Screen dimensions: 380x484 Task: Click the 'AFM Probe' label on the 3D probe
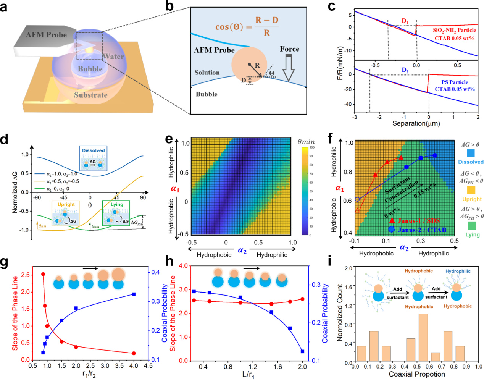pyautogui.click(x=46, y=35)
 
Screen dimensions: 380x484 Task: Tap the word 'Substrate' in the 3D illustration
pyautogui.click(x=91, y=95)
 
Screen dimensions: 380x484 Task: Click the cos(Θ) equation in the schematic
pyautogui.click(x=247, y=26)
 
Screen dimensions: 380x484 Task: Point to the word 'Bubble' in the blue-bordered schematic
pyautogui.click(x=207, y=94)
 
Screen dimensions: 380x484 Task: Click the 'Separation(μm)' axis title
pyautogui.click(x=416, y=124)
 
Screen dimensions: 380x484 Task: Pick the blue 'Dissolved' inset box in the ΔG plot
pyautogui.click(x=94, y=158)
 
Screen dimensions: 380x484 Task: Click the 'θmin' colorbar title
pyautogui.click(x=306, y=142)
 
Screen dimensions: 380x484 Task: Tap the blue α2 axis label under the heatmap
pyautogui.click(x=242, y=251)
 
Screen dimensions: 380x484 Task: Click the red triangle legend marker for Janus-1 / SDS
pyautogui.click(x=392, y=220)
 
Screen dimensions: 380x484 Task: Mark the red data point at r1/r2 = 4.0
pyautogui.click(x=134, y=353)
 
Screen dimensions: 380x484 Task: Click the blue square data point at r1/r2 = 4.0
pyautogui.click(x=134, y=294)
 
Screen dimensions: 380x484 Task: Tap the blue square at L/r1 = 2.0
pyautogui.click(x=302, y=351)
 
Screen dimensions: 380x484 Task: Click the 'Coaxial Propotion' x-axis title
pyautogui.click(x=417, y=374)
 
